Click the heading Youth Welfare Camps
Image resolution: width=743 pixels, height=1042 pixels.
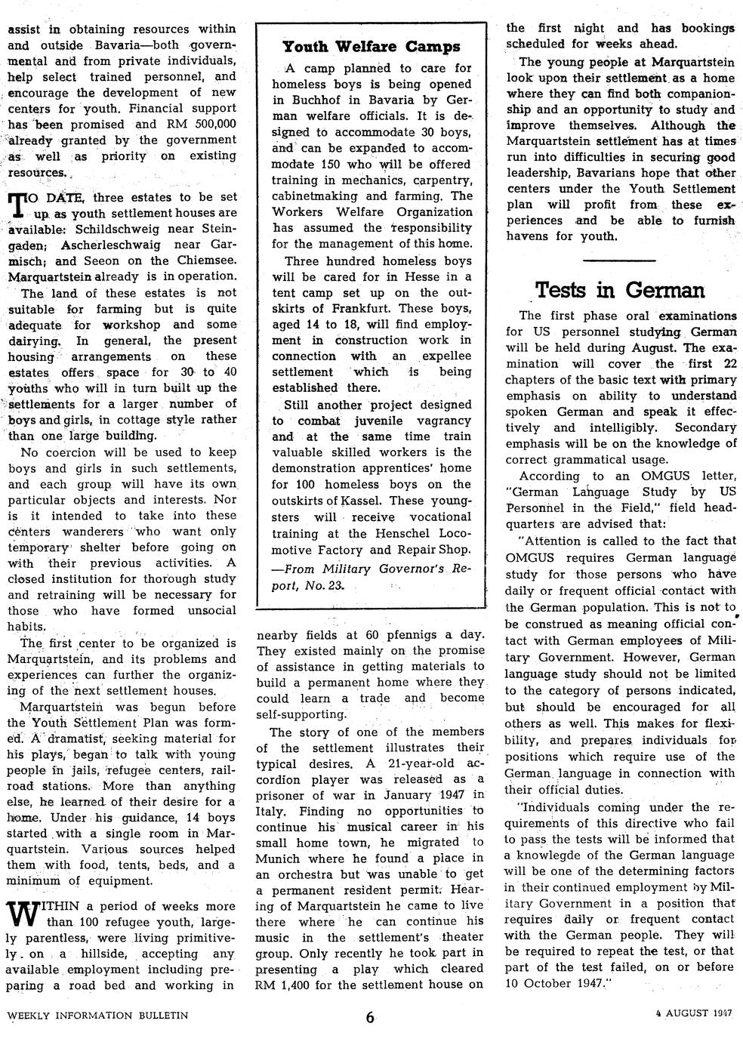tap(371, 47)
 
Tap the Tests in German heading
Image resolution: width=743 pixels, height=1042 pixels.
tap(620, 290)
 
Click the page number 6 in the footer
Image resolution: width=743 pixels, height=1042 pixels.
tap(370, 1016)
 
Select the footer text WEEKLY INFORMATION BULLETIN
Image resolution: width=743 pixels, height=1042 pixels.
tap(97, 1015)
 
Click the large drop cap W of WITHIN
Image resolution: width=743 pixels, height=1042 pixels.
tap(23, 916)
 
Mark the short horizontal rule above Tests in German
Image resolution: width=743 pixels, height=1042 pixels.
tap(620, 260)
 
